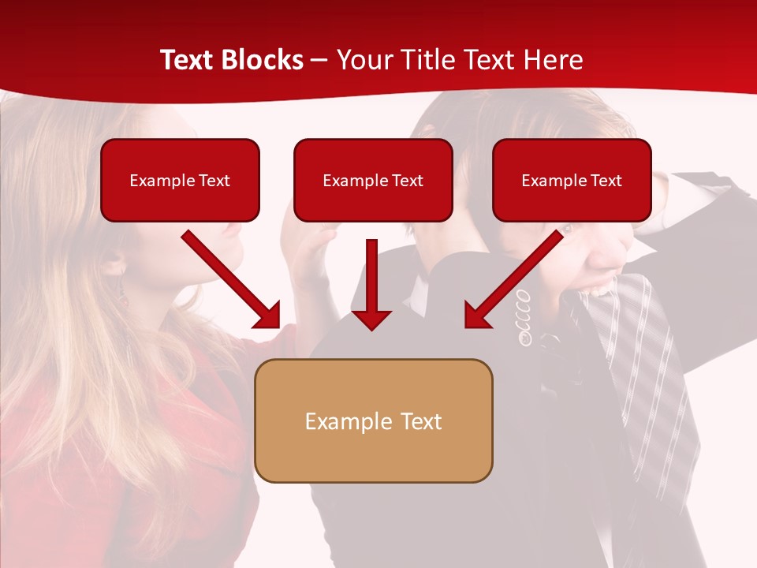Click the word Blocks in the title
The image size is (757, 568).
coord(262,60)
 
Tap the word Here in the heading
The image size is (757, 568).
coord(552,60)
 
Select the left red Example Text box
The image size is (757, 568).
coord(180,180)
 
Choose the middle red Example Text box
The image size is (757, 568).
coord(373,180)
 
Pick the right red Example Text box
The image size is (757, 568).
coord(572,180)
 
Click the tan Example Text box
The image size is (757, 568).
coord(373,420)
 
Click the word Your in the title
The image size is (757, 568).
coord(365,60)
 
